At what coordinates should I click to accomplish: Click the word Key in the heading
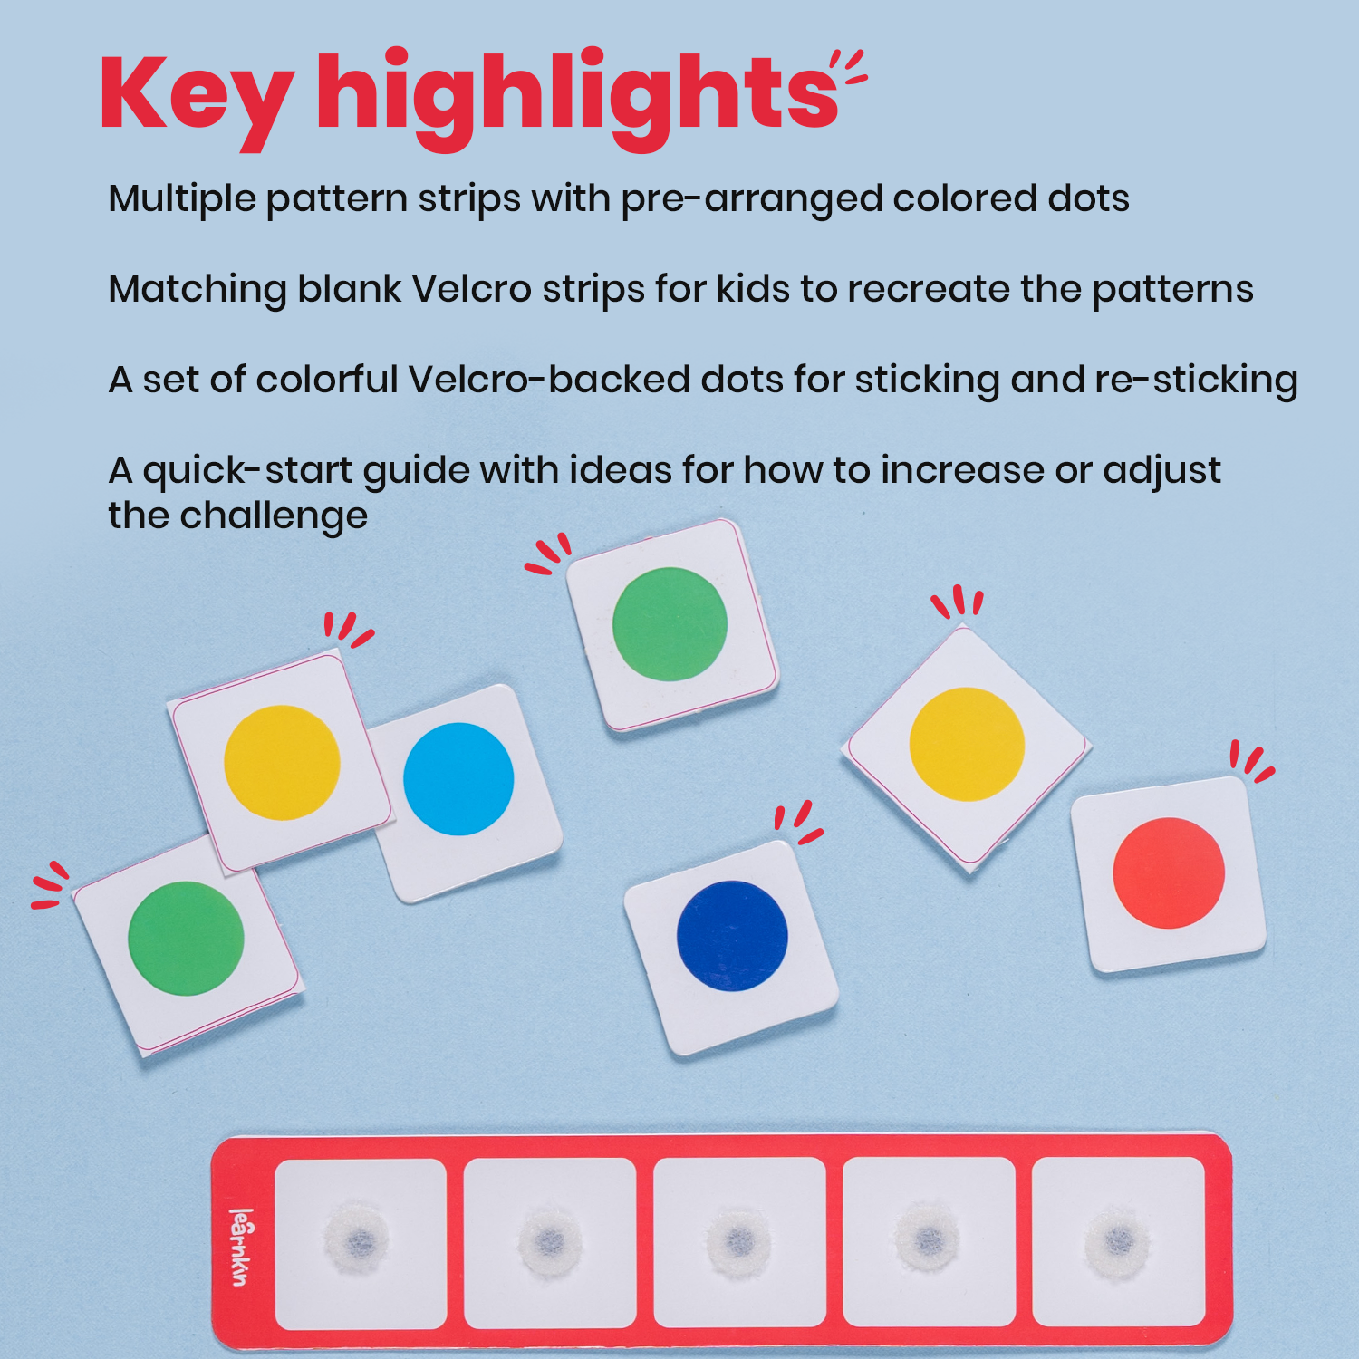point(196,95)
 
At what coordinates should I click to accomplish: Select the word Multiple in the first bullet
point(181,199)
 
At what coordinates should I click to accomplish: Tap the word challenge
point(274,516)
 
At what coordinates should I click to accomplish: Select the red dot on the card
point(1169,872)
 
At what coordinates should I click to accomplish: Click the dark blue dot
point(732,936)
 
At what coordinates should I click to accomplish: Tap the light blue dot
point(458,778)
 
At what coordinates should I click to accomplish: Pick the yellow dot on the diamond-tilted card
point(967,744)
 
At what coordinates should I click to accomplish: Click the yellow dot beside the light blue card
point(282,762)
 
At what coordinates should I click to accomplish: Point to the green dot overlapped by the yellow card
point(186,938)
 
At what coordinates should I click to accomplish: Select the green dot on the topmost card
point(670,623)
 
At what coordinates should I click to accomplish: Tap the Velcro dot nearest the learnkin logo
point(357,1239)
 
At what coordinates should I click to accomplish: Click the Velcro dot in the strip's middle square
point(738,1239)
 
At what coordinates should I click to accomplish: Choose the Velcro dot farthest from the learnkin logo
point(1117,1239)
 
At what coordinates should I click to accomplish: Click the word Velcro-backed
point(549,381)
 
